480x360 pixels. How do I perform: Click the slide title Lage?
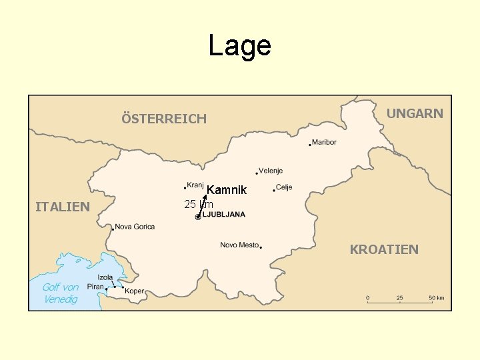[239, 46]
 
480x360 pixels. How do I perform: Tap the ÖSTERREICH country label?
[163, 119]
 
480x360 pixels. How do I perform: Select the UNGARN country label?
[415, 113]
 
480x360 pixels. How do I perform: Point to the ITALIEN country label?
[62, 207]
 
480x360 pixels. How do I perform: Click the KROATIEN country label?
[384, 249]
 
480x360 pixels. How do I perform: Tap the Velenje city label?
[271, 171]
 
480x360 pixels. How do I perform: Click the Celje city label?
[284, 187]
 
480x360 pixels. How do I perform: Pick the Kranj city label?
[195, 185]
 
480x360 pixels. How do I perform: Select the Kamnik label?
[227, 191]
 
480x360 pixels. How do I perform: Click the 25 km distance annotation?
[198, 205]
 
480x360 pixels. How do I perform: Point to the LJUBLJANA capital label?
[224, 215]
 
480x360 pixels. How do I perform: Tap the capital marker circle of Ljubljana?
[198, 217]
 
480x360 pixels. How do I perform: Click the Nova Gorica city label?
[135, 227]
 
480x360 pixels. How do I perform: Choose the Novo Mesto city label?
[239, 245]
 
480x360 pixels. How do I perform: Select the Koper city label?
[134, 291]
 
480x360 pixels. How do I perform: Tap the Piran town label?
[95, 287]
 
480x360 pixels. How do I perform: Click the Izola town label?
[105, 277]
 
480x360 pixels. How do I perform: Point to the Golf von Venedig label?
[61, 293]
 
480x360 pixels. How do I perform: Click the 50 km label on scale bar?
[436, 297]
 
